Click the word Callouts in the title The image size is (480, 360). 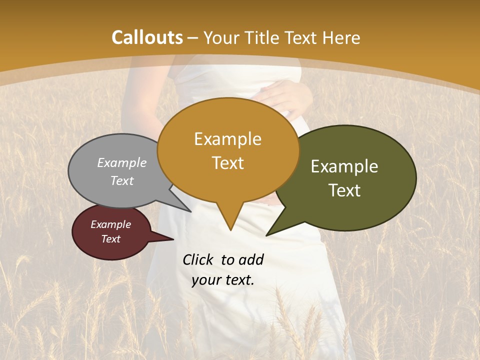coord(147,37)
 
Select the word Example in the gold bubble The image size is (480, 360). coord(227,139)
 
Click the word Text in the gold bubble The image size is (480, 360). coord(227,163)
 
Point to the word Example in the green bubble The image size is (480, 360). coord(344,166)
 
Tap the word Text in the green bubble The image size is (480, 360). coord(344,190)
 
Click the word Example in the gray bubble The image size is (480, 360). coord(122,162)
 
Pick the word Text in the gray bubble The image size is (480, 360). coord(122,180)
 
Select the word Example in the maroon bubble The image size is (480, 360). coord(110,224)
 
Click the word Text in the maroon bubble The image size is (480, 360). coord(110,239)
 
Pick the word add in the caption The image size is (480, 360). coord(251,259)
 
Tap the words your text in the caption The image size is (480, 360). coord(222,280)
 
